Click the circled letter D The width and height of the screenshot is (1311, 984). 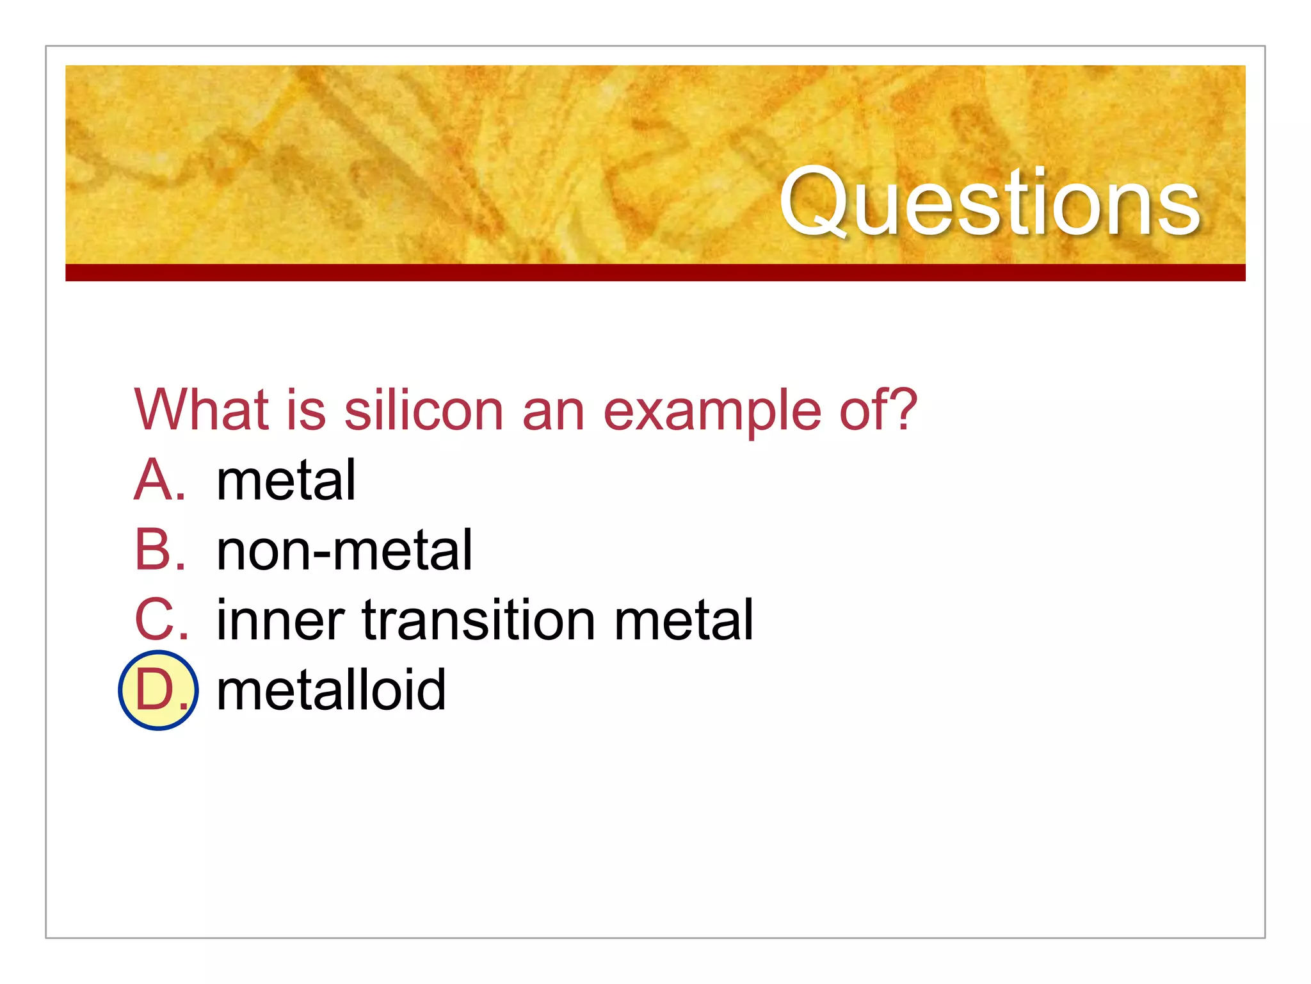click(x=157, y=690)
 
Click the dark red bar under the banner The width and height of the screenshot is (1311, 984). click(x=655, y=272)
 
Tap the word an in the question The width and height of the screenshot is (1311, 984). click(x=553, y=413)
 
